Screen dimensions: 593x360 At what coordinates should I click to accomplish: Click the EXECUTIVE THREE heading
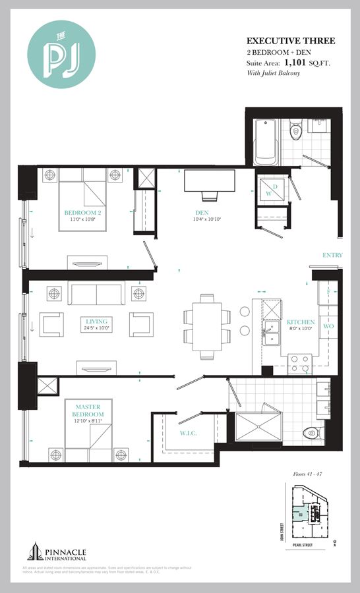[x=291, y=41]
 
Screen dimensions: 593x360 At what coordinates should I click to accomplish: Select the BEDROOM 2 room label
[x=82, y=213]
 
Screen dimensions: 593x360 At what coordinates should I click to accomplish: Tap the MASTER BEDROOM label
[x=87, y=411]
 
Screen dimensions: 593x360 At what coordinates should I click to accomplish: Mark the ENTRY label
[x=332, y=255]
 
